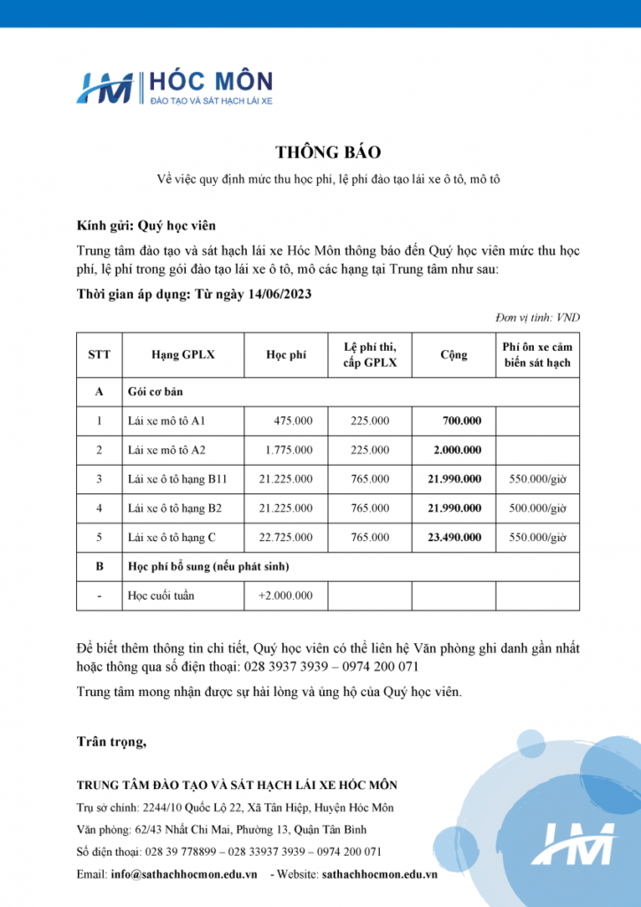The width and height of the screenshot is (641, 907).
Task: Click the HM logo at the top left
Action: tap(105, 89)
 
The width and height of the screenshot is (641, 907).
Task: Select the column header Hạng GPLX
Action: tap(183, 354)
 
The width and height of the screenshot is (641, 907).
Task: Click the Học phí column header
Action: tap(286, 354)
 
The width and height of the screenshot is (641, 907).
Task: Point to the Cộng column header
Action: tap(454, 354)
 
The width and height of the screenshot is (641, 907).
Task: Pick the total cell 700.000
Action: tap(462, 421)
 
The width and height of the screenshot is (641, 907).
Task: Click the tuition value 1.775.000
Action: tap(289, 450)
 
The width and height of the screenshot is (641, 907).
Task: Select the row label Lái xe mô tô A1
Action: tap(166, 421)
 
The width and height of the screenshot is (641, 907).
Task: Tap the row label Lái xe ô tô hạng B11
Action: tap(178, 479)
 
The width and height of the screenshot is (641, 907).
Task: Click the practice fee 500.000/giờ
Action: tap(537, 508)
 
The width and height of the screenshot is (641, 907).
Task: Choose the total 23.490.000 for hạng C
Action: tap(455, 537)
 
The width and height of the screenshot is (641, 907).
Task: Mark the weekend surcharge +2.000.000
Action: tap(285, 595)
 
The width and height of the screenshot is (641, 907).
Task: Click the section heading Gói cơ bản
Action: tap(156, 391)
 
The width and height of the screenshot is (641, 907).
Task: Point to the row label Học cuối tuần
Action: tap(161, 595)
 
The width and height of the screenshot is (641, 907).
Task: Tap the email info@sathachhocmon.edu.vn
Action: tap(185, 873)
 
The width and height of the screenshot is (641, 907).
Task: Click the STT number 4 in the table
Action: tap(100, 508)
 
